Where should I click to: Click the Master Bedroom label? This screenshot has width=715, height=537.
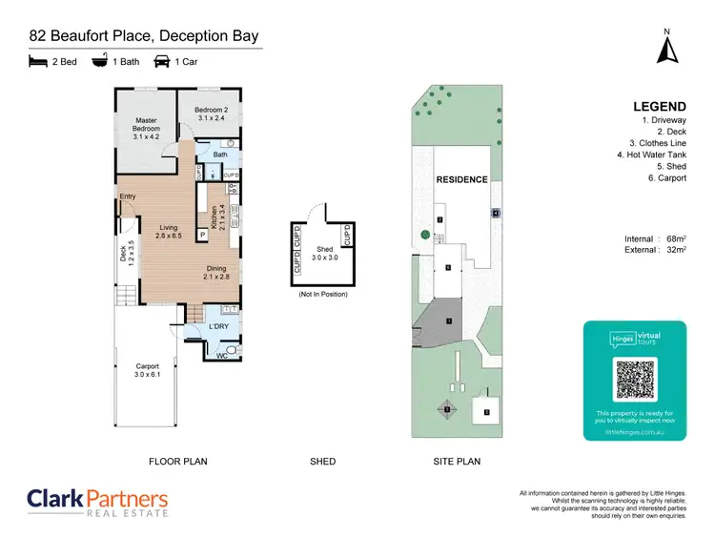click(x=146, y=129)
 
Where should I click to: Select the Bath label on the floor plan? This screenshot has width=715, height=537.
click(x=220, y=154)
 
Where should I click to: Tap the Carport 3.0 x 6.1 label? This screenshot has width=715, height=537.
click(x=146, y=370)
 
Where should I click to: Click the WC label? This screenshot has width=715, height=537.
click(x=221, y=356)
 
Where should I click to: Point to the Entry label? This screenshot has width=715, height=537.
click(x=128, y=196)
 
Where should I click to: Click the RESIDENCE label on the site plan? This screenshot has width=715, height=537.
click(x=461, y=179)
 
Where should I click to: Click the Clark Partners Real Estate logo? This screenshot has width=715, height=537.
click(x=97, y=502)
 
